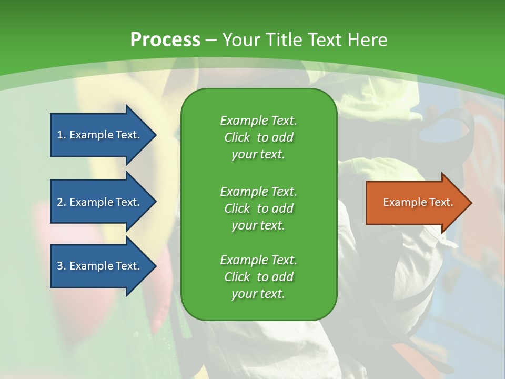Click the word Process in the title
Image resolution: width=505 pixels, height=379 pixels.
[165, 39]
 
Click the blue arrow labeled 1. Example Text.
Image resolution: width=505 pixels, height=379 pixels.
[103, 135]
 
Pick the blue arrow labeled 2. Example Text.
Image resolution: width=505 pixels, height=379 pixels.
[103, 202]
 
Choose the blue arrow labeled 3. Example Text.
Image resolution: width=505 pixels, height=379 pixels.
[103, 265]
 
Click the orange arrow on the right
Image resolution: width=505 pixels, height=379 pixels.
[419, 202]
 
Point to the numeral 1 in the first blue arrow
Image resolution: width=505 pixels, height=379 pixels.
[60, 135]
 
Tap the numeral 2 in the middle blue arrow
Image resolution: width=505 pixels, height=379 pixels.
[60, 202]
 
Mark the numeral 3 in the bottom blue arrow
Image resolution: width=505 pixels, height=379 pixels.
[60, 266]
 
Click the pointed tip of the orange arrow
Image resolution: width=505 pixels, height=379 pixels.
[472, 203]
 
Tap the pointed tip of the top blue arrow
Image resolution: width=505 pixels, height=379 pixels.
[157, 135]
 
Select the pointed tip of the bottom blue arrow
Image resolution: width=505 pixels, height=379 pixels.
[157, 266]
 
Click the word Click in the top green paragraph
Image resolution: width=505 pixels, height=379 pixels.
[237, 137]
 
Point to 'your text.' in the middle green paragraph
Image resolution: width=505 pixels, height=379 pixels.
[258, 226]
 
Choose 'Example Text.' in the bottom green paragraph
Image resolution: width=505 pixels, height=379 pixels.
[259, 260]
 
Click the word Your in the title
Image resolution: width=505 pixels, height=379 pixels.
[241, 39]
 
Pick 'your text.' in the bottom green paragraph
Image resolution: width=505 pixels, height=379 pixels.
[258, 294]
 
